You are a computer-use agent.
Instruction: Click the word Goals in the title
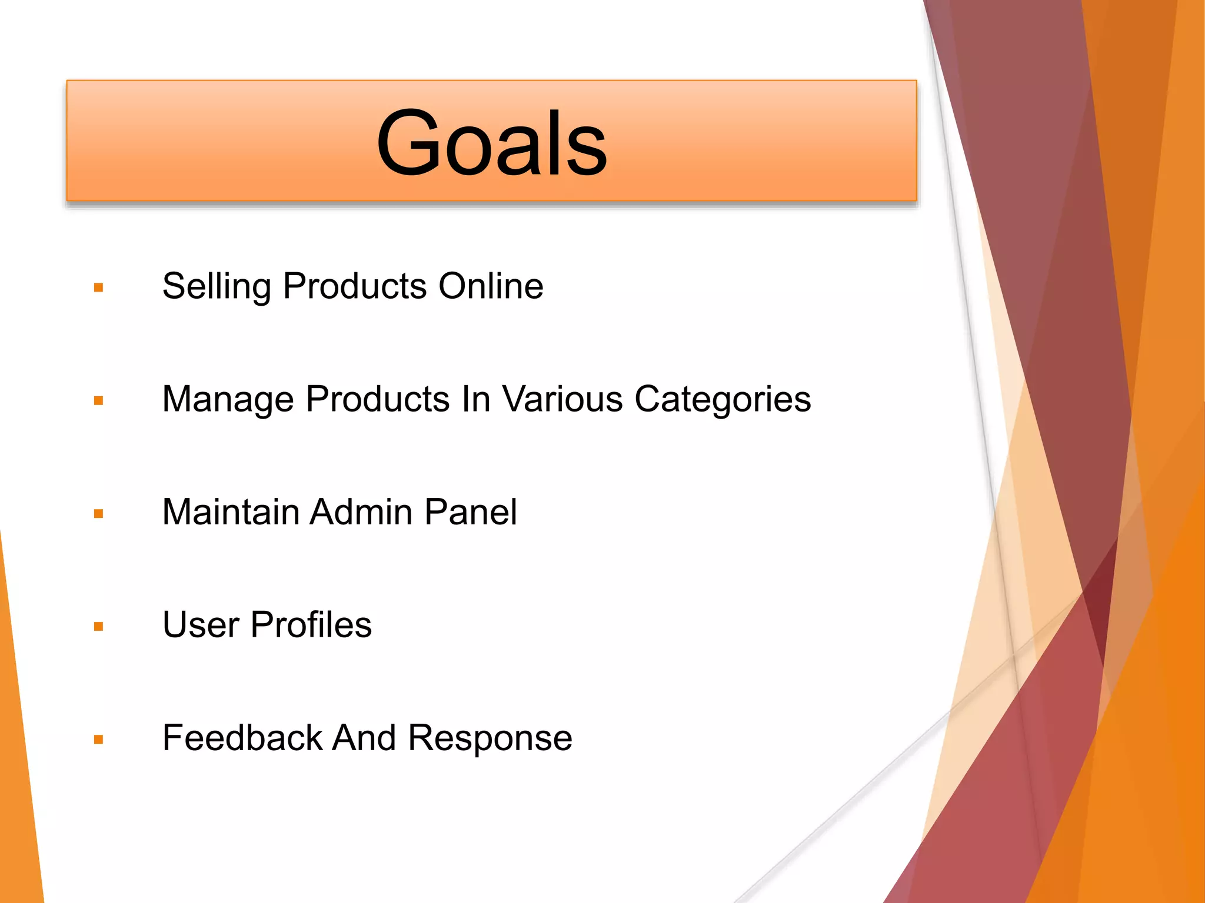pyautogui.click(x=491, y=143)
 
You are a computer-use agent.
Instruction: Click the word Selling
pyautogui.click(x=216, y=287)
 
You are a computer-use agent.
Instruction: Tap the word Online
pyautogui.click(x=491, y=286)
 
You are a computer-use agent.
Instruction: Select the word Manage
pyautogui.click(x=227, y=400)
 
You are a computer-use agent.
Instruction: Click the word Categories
pyautogui.click(x=723, y=400)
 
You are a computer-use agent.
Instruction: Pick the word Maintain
pyautogui.click(x=231, y=511)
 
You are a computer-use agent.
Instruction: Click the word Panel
pyautogui.click(x=470, y=511)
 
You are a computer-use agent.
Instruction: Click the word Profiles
pyautogui.click(x=311, y=624)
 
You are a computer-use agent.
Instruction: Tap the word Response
pyautogui.click(x=490, y=738)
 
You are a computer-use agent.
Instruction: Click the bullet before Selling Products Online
pyautogui.click(x=98, y=287)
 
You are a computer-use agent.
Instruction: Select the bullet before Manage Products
pyautogui.click(x=98, y=401)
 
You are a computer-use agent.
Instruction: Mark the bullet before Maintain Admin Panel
pyautogui.click(x=98, y=514)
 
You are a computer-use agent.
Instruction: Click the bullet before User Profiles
pyautogui.click(x=98, y=627)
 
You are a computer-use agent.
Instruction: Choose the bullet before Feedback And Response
pyautogui.click(x=98, y=740)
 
